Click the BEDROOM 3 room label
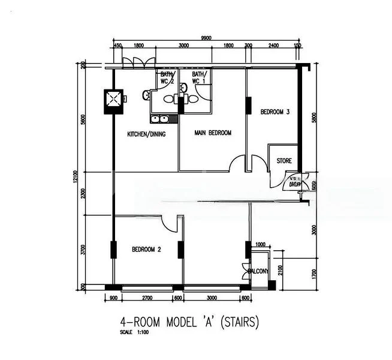coord(275,112)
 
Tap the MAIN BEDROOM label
coord(213,133)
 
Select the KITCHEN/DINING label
coord(146,134)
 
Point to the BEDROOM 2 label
coord(146,249)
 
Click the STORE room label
coord(284,161)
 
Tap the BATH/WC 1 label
coord(199,77)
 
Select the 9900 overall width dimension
coord(207,38)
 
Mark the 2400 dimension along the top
coord(273,46)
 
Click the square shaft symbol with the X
coord(113,100)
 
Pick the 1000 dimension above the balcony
coord(260,244)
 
